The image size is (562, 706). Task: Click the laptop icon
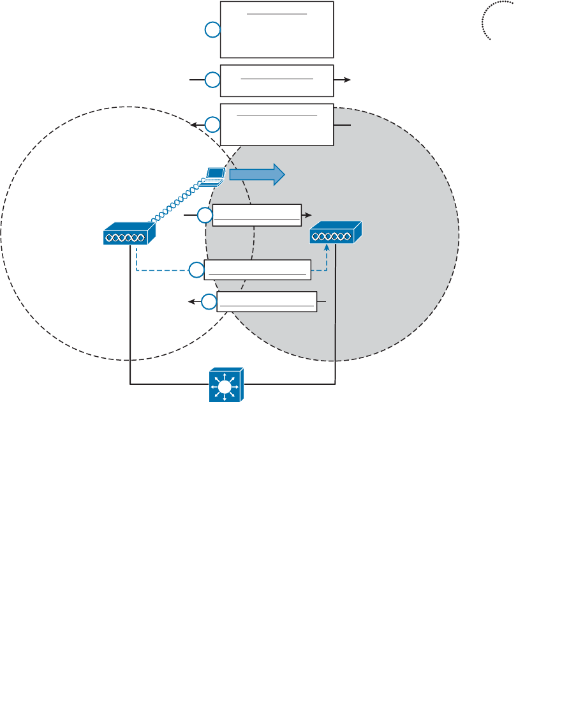coord(214,176)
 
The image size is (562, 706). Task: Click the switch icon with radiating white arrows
coord(225,385)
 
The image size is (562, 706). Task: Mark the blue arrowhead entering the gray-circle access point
coord(328,248)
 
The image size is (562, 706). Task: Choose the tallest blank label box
coord(277,29)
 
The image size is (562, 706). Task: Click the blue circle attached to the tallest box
coord(212,29)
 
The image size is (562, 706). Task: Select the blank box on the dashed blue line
coord(258,270)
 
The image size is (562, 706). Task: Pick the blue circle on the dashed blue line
coord(196,271)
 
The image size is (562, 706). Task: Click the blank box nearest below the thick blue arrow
coord(257,215)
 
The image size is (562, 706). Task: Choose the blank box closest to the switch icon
coord(267,301)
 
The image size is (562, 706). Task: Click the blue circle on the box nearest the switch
coord(209,301)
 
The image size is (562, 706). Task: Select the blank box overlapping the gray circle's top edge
coord(277,124)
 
